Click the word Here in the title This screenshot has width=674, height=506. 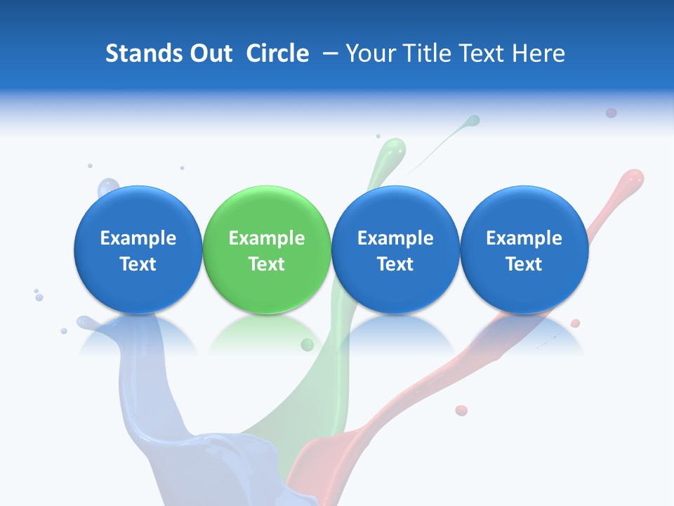[x=538, y=53]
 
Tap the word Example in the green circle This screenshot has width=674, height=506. [x=267, y=238]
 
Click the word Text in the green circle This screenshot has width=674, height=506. [x=267, y=264]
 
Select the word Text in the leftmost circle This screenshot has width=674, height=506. [x=138, y=264]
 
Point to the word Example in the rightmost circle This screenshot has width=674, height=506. [x=524, y=238]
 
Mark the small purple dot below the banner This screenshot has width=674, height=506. [x=611, y=112]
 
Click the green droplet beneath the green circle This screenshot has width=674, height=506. [x=307, y=344]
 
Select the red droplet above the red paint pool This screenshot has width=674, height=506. [x=461, y=410]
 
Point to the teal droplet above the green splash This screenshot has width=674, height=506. [x=474, y=121]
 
